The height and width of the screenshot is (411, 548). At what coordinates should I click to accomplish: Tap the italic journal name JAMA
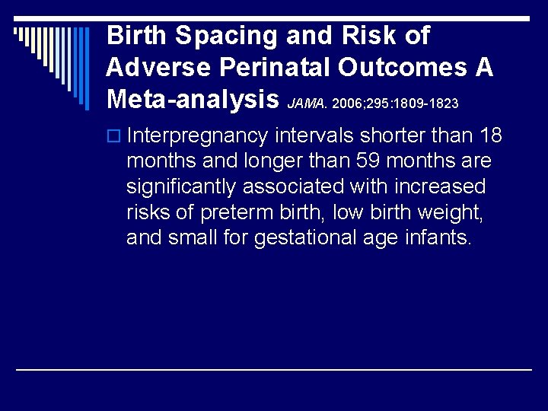[x=307, y=102]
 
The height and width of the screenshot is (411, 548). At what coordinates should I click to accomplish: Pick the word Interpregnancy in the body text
[x=198, y=137]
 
